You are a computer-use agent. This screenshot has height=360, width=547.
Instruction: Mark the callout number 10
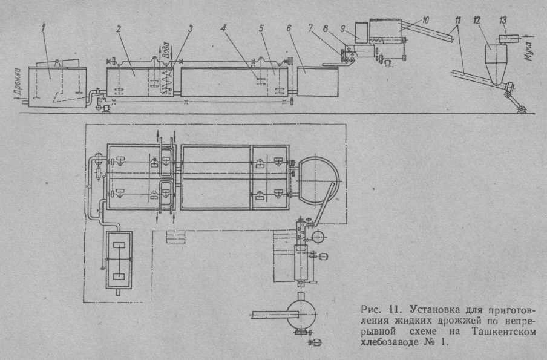(426, 21)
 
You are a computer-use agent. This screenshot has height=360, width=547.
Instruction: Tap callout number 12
(479, 21)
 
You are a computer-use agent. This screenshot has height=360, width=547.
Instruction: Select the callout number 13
(502, 21)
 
